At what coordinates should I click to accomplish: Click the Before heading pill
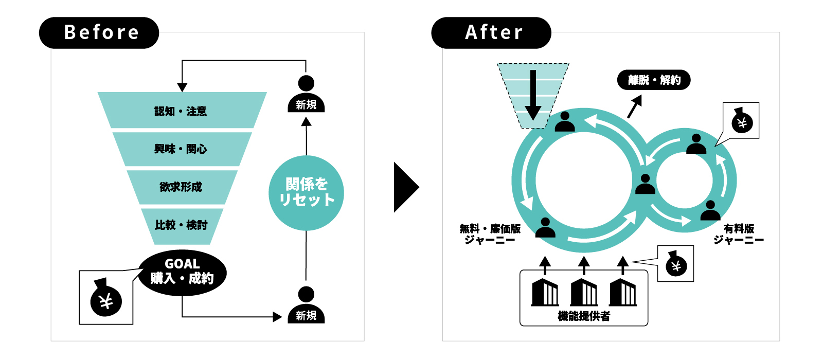pyautogui.click(x=99, y=32)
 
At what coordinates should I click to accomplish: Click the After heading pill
pyautogui.click(x=491, y=32)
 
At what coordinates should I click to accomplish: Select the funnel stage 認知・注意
pyautogui.click(x=181, y=111)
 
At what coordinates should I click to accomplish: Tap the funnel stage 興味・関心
pyautogui.click(x=181, y=149)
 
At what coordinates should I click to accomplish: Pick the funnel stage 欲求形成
pyautogui.click(x=181, y=187)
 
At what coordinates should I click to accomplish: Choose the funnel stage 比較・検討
pyautogui.click(x=181, y=225)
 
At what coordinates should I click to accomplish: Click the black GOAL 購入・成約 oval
pyautogui.click(x=182, y=272)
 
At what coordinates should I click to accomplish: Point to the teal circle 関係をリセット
pyautogui.click(x=306, y=192)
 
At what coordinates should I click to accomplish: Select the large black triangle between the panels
pyautogui.click(x=405, y=187)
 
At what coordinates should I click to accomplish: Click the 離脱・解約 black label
pyautogui.click(x=654, y=80)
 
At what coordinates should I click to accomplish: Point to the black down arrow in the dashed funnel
pyautogui.click(x=533, y=95)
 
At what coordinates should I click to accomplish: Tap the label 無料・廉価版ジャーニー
pyautogui.click(x=490, y=234)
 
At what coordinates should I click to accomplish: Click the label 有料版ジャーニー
pyautogui.click(x=739, y=234)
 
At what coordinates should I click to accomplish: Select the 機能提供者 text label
pyautogui.click(x=584, y=316)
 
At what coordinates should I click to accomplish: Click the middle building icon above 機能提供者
pyautogui.click(x=584, y=292)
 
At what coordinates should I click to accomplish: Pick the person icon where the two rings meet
pyautogui.click(x=645, y=184)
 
